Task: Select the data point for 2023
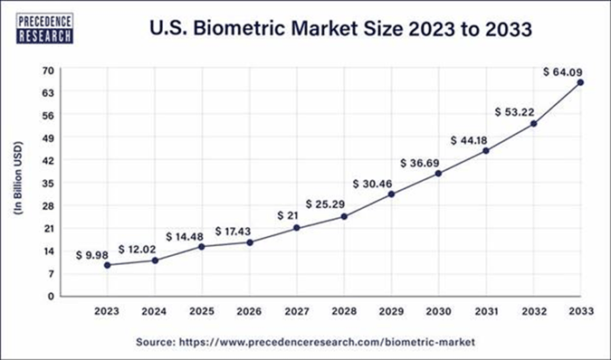pyautogui.click(x=108, y=265)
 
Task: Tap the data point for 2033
pyautogui.click(x=580, y=82)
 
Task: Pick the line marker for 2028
pyautogui.click(x=344, y=216)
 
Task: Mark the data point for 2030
pyautogui.click(x=439, y=173)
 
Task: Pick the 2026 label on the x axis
pyautogui.click(x=250, y=310)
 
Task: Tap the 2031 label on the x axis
pyautogui.click(x=486, y=310)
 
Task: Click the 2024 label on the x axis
pyautogui.click(x=155, y=310)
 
